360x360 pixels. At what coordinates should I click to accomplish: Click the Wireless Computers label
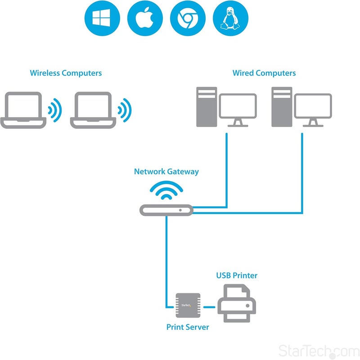click(66, 73)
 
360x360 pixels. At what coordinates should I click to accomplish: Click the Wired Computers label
click(264, 73)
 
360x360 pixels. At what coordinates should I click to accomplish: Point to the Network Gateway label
click(166, 172)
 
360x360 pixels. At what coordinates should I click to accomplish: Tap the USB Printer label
click(237, 275)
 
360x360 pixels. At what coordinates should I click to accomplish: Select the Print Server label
click(188, 327)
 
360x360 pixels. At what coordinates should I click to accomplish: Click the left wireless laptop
click(23, 110)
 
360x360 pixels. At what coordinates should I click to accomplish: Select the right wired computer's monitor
click(313, 107)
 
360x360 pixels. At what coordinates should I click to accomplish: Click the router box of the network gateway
click(166, 210)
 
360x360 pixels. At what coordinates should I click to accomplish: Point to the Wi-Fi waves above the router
click(166, 191)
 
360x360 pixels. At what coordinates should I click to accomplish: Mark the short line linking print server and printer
click(209, 307)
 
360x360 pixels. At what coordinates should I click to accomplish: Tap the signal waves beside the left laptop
click(55, 109)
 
